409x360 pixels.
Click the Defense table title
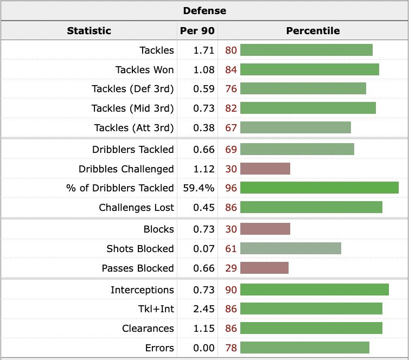204,11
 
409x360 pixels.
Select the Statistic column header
89,31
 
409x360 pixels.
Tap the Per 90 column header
197,31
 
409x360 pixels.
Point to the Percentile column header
313,31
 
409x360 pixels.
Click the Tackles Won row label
144,70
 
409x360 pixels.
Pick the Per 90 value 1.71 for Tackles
204,50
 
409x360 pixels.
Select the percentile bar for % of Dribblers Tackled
319,188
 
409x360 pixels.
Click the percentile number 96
231,188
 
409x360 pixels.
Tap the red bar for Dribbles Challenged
265,169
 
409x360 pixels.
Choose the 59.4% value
200,188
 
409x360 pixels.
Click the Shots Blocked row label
140,249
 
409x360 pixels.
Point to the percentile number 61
231,249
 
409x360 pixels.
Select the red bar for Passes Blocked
264,268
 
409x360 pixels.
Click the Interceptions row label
142,290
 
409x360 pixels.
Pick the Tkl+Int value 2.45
204,309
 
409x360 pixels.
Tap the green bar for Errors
304,348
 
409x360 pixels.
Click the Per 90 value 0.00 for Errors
204,348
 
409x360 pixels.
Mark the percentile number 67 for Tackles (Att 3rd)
231,128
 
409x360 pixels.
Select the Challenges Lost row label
136,208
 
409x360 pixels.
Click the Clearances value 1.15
204,329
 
